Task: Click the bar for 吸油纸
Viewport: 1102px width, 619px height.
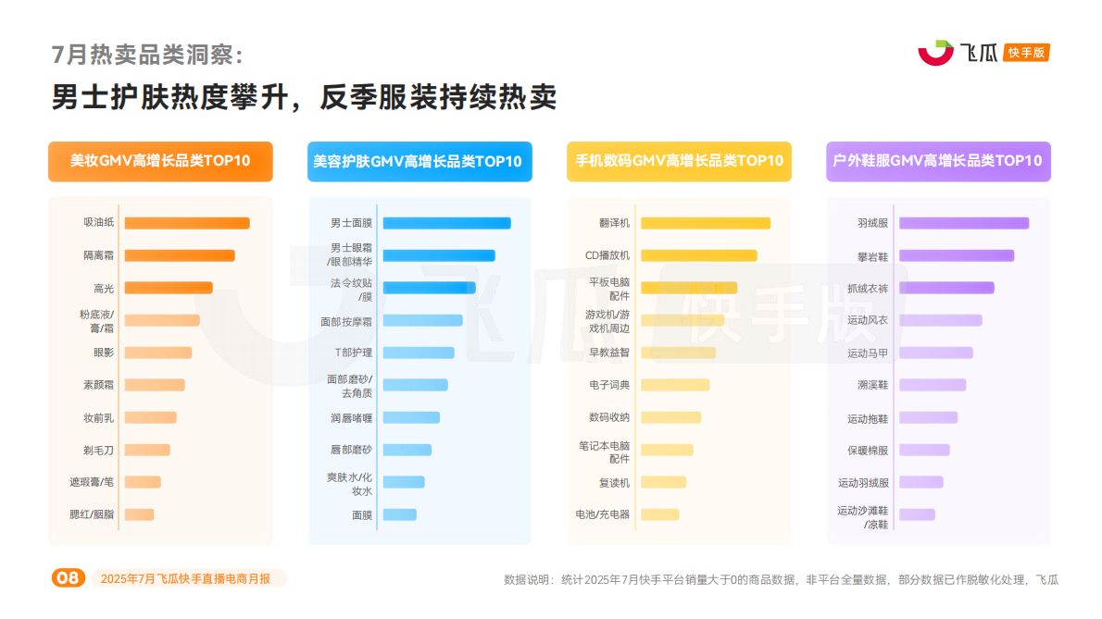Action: (186, 223)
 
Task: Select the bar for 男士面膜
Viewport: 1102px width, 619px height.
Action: (446, 223)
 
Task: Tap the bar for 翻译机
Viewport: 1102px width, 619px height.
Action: (705, 223)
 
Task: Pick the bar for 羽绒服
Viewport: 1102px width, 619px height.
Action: (963, 223)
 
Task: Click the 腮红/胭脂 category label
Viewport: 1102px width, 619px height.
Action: (98, 514)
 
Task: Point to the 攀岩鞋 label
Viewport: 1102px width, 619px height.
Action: (872, 255)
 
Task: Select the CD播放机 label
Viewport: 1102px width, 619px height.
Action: (607, 255)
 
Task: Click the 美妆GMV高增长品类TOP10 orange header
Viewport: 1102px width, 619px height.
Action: (160, 161)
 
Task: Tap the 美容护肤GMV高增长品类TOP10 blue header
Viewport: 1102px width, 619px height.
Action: (420, 161)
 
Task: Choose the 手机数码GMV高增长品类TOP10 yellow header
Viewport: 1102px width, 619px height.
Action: (679, 161)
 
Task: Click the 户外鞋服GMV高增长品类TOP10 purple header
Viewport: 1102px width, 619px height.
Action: (938, 161)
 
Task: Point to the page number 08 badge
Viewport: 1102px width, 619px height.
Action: (68, 578)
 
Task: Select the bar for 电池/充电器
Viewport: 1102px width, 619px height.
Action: (659, 514)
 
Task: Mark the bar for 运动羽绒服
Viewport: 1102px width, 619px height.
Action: (920, 482)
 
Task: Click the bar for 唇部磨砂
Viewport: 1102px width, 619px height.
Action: (407, 450)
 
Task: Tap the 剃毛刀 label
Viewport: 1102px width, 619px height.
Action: (98, 450)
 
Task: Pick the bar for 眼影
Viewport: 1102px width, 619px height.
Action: (157, 353)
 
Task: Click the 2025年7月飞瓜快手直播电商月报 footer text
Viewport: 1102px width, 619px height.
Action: (185, 578)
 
